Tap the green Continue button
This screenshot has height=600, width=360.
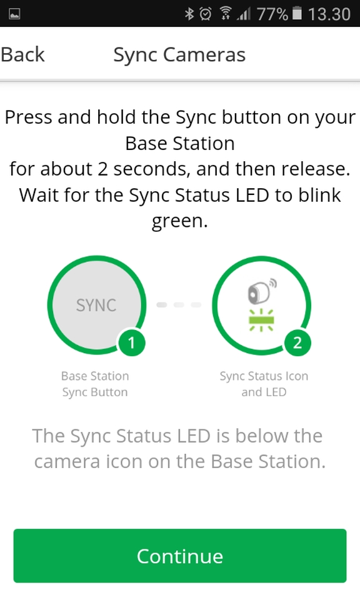pyautogui.click(x=180, y=556)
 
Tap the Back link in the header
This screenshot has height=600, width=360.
pyautogui.click(x=23, y=54)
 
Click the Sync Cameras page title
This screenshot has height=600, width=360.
pyautogui.click(x=179, y=55)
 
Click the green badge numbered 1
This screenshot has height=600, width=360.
pyautogui.click(x=132, y=342)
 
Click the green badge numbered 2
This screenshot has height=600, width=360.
pyautogui.click(x=297, y=342)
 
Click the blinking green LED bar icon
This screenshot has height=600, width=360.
pyautogui.click(x=261, y=320)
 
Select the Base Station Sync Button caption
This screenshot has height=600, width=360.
pyautogui.click(x=95, y=384)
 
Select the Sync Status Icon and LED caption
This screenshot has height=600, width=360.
pyautogui.click(x=264, y=384)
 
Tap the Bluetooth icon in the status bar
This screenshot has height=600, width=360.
pyautogui.click(x=189, y=14)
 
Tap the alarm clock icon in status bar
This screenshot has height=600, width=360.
pyautogui.click(x=206, y=14)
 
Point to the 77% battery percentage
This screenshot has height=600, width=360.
pyautogui.click(x=272, y=14)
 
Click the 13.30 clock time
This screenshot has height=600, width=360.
pyautogui.click(x=329, y=14)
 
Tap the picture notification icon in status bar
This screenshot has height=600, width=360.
pyautogui.click(x=14, y=14)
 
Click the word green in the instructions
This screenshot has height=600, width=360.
pyautogui.click(x=179, y=221)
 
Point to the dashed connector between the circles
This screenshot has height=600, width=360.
pyautogui.click(x=179, y=304)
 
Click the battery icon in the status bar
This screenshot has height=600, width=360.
pyautogui.click(x=297, y=14)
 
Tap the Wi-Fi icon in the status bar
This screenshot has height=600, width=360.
pyautogui.click(x=225, y=14)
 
